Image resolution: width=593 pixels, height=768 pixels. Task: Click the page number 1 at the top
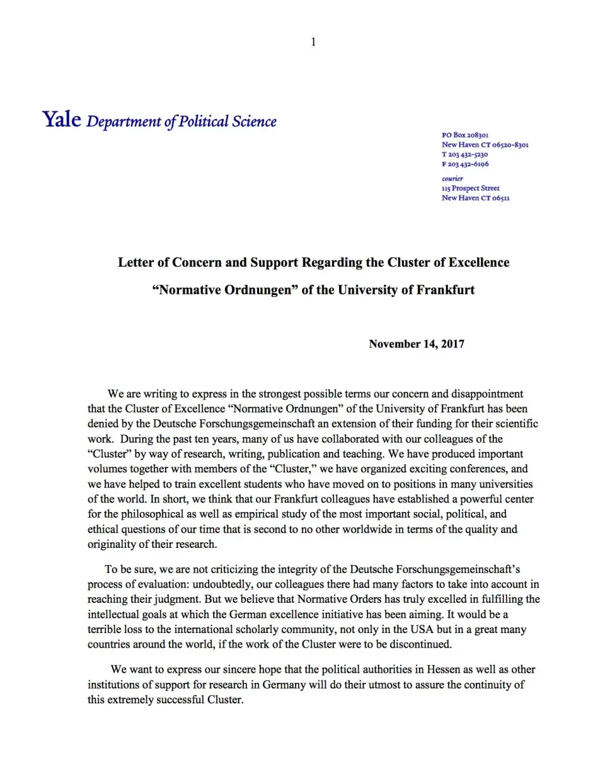[x=313, y=42]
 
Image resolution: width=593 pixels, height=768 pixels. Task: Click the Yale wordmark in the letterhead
[x=61, y=120]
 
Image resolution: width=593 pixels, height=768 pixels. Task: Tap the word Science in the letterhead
[x=255, y=121]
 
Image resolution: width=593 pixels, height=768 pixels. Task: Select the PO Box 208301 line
[x=465, y=135]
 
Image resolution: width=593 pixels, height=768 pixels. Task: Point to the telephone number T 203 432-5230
[x=465, y=154]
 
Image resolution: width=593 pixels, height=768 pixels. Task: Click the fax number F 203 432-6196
[x=465, y=164]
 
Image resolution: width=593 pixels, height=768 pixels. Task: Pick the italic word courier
[x=452, y=179]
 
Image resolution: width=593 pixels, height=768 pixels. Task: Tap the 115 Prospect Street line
[x=470, y=188]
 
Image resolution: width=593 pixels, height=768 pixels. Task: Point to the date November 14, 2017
[x=416, y=344]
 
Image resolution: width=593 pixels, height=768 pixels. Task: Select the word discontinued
[x=420, y=644]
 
